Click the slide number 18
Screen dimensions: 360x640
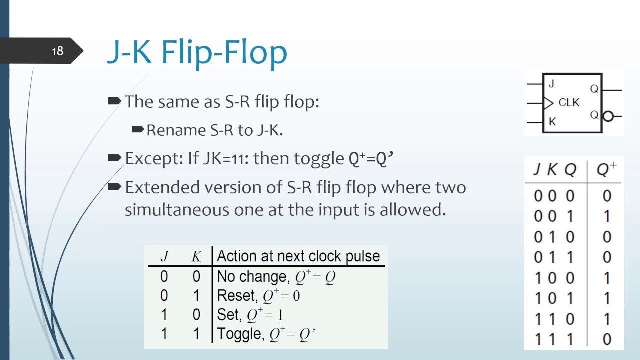click(57, 51)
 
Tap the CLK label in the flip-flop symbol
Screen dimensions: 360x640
click(569, 103)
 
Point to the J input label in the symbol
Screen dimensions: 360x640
click(551, 84)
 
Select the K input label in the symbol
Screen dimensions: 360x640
click(552, 122)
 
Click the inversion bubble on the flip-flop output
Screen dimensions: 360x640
click(608, 116)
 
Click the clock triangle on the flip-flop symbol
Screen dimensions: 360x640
click(548, 103)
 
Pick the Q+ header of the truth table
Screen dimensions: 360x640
click(606, 170)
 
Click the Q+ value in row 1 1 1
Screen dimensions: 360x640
click(607, 339)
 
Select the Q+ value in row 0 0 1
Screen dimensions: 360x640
click(607, 216)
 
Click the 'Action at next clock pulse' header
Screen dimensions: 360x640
click(298, 256)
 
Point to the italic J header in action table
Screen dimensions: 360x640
click(164, 256)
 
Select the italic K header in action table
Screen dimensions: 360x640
click(196, 256)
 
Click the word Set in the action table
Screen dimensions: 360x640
click(228, 315)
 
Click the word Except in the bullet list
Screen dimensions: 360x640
click(153, 158)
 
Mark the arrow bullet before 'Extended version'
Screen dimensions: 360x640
click(114, 187)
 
